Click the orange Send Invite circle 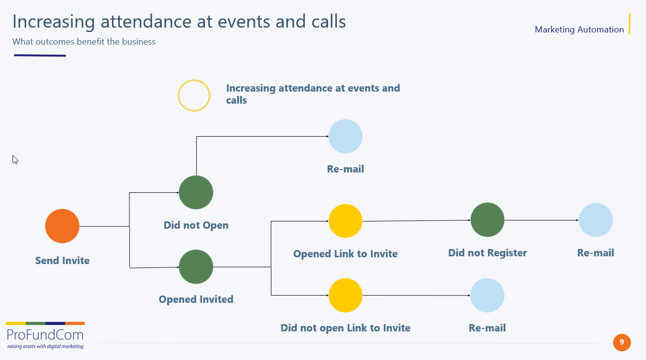click(63, 226)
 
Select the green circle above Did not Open click(196, 192)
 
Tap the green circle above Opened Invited click(196, 266)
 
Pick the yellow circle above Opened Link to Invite click(346, 221)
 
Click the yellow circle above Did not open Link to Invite click(346, 295)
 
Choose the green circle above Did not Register click(488, 219)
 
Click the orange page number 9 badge click(622, 343)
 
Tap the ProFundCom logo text click(45, 335)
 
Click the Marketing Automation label click(579, 30)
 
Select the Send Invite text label click(63, 261)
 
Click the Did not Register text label click(488, 253)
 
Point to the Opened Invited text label click(196, 299)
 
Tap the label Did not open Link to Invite click(346, 328)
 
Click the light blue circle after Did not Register click(596, 220)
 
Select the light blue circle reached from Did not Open click(346, 136)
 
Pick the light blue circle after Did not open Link click(488, 295)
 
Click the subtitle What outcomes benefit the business click(84, 42)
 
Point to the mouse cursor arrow click(16, 159)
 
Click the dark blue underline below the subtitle click(40, 55)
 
